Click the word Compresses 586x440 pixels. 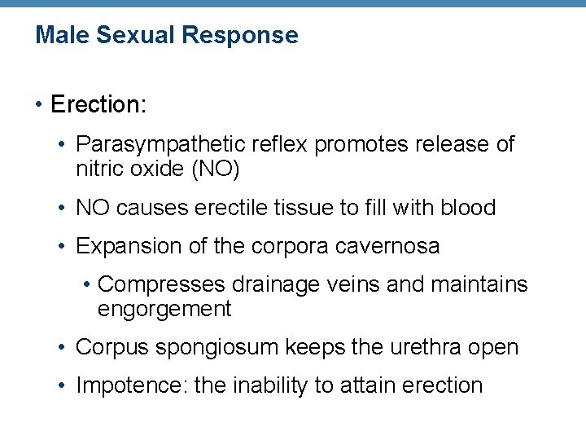161,285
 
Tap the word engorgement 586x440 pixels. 164,309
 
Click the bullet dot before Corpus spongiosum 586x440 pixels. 63,348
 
